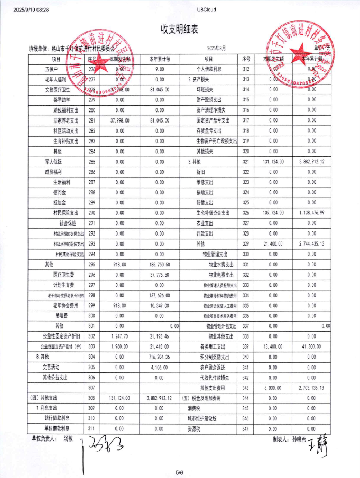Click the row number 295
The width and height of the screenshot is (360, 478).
pos(91,263)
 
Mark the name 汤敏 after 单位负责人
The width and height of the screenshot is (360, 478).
pos(68,438)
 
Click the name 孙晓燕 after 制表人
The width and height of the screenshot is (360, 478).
pos(300,438)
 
